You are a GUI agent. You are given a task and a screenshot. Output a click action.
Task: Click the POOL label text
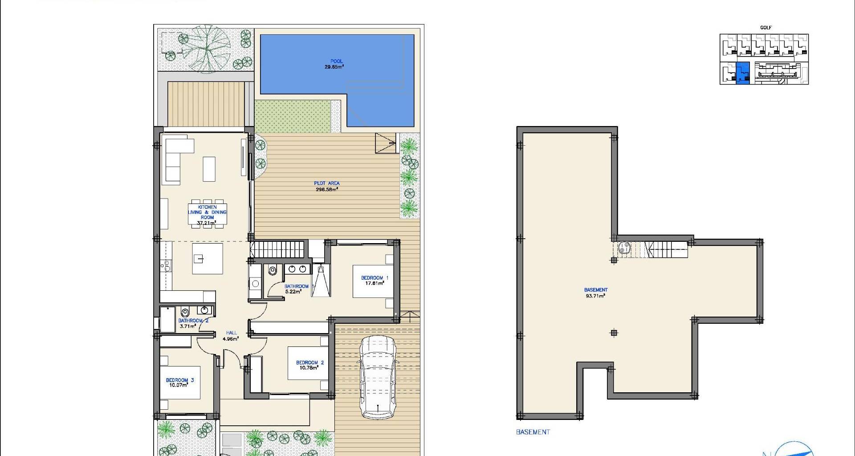pos(337,61)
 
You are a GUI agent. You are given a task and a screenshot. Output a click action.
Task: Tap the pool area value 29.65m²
pos(334,67)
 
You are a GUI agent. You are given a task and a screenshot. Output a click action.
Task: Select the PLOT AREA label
pos(327,183)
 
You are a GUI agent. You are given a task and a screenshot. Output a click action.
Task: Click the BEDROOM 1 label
pos(375,278)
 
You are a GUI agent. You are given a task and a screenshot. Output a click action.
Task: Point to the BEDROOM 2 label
pos(310,362)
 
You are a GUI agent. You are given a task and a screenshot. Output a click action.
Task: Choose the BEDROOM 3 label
pos(180,380)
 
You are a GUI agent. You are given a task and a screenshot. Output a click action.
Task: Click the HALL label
pos(232,333)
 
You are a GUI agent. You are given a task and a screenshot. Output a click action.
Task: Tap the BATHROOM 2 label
pos(193,321)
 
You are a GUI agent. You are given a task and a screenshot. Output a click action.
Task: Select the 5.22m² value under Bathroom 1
pos(293,292)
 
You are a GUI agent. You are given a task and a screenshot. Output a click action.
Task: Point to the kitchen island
pos(208,258)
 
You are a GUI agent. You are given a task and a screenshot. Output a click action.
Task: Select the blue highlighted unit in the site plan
pos(743,73)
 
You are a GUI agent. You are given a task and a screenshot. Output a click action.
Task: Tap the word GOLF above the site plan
pos(766,28)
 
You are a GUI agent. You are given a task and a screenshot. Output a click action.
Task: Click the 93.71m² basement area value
pos(595,296)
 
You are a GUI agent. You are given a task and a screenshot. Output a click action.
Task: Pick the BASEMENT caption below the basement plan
pos(533,432)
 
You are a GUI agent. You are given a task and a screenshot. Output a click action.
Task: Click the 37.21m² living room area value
pos(207,223)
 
